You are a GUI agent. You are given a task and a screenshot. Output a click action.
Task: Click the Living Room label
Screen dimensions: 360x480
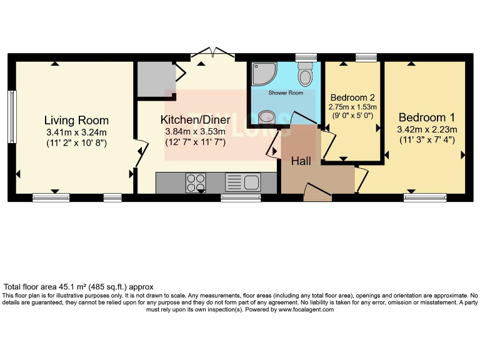77,120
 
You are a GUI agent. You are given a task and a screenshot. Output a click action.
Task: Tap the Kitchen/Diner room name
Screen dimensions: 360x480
196,119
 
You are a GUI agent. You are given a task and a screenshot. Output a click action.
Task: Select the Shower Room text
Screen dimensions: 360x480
286,92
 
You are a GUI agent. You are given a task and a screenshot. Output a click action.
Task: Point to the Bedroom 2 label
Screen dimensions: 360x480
352,97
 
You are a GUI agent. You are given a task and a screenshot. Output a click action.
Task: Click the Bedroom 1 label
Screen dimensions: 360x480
427,117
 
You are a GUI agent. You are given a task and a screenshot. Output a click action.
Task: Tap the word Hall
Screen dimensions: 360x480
301,161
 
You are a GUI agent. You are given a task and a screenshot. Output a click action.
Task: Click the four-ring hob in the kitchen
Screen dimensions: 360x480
196,182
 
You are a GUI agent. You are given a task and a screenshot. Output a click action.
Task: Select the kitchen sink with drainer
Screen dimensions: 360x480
243,182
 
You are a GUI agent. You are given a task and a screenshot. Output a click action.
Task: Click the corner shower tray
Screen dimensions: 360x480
262,74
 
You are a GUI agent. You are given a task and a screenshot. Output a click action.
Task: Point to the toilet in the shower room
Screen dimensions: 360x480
306,75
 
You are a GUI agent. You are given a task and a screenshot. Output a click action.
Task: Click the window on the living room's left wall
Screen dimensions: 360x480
12,111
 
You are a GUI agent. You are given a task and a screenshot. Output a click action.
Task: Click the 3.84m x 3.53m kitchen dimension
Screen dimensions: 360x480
195,132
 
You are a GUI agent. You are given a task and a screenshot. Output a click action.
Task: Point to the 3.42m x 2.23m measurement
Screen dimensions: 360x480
427,129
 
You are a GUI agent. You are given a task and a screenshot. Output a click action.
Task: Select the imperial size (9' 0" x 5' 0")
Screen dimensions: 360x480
352,116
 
